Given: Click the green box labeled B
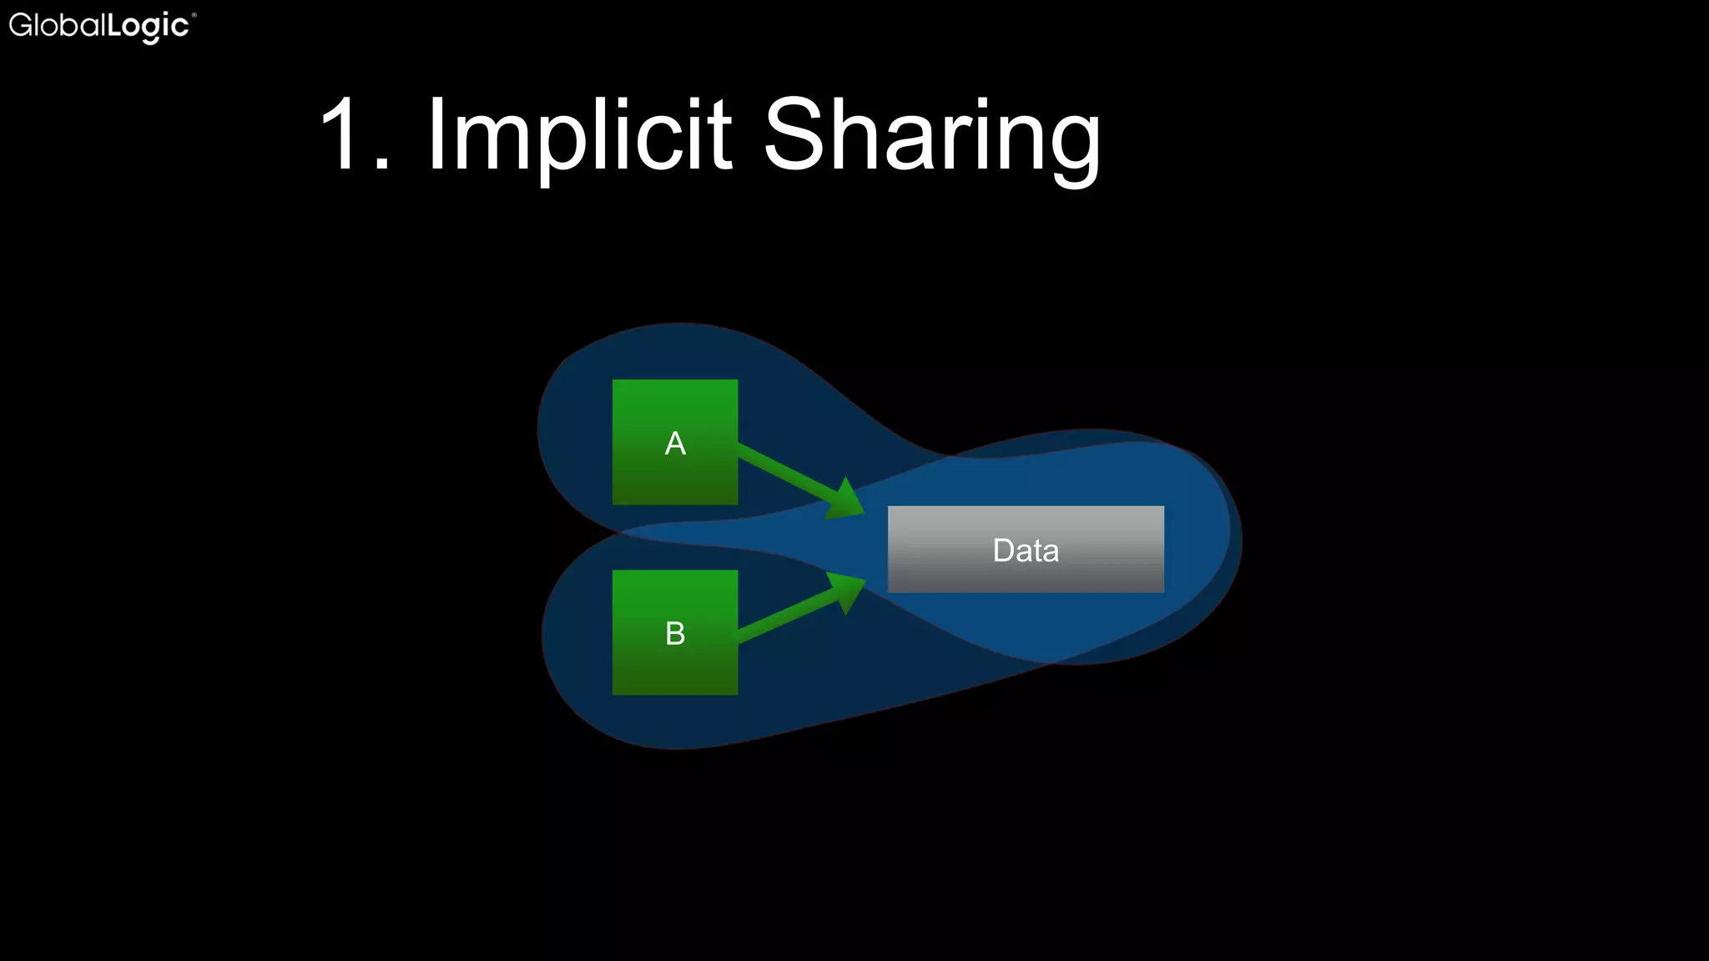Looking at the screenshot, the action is pos(674,667).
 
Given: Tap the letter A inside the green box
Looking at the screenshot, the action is pos(675,444).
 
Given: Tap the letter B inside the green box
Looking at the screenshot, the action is pos(675,634).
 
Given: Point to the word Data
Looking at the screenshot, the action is pos(1026,551).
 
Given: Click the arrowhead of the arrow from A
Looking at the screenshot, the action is pos(844,500).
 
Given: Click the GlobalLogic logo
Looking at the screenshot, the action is pos(101,26).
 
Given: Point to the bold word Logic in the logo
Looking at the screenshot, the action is pos(149,27).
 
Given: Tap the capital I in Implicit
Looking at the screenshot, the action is pos(436,133).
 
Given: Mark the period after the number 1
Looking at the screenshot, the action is pos(382,165).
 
